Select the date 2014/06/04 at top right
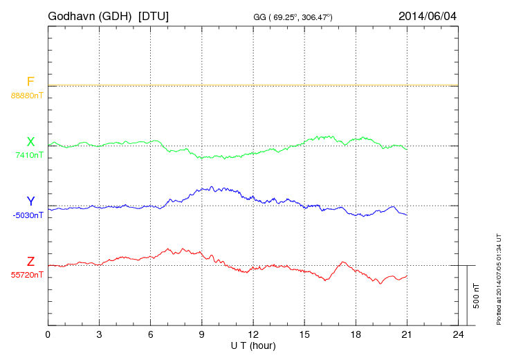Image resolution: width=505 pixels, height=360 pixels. [428, 15]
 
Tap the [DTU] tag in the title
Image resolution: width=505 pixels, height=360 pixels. [153, 15]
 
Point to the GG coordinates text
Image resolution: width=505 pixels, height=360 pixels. [293, 16]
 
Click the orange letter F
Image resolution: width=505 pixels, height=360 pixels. [30, 82]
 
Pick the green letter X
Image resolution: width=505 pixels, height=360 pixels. [30, 142]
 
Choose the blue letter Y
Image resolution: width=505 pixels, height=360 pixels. [30, 201]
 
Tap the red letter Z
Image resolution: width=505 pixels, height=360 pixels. [30, 262]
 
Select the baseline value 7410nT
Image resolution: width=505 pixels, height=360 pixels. [29, 155]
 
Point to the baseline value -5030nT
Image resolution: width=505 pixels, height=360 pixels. [28, 215]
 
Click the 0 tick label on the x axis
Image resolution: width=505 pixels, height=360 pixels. [48, 334]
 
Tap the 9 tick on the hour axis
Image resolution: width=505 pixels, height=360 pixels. [201, 334]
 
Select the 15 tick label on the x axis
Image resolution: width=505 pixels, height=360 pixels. [304, 334]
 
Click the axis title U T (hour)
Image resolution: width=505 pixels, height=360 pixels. [252, 345]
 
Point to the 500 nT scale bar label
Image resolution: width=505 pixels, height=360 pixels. [477, 296]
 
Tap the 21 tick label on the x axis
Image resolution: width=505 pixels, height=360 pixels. [407, 334]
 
